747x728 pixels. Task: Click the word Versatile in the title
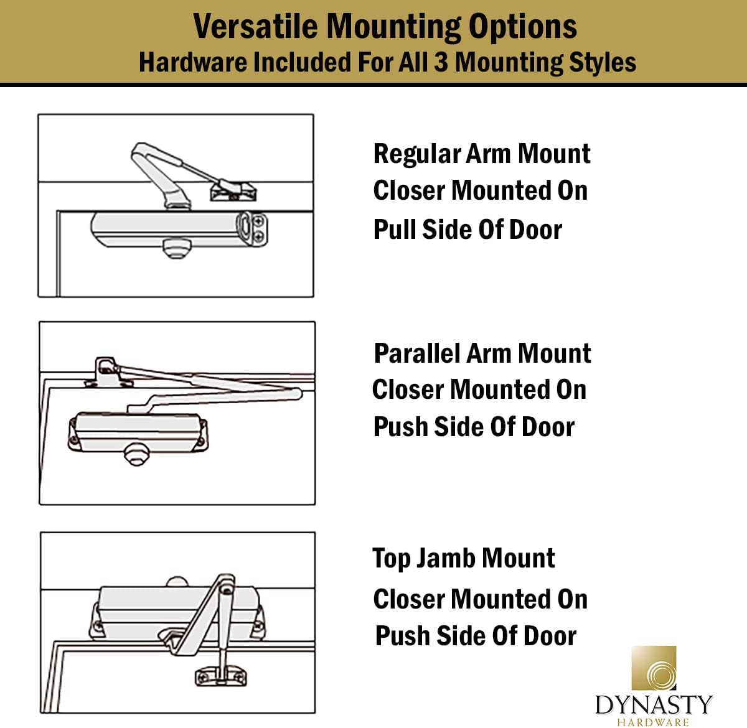coord(256,26)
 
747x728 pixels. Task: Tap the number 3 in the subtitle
coord(441,62)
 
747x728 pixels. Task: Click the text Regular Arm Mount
coord(481,154)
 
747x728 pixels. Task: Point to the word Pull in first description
coord(395,229)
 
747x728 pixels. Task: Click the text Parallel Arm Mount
coord(482,353)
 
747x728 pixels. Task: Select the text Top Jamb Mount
coord(463,558)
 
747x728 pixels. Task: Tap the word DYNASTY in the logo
coord(653,704)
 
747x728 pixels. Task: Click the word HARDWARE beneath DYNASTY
coord(653,722)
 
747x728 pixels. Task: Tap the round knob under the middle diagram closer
coord(136,454)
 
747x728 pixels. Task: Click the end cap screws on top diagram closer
coord(258,228)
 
